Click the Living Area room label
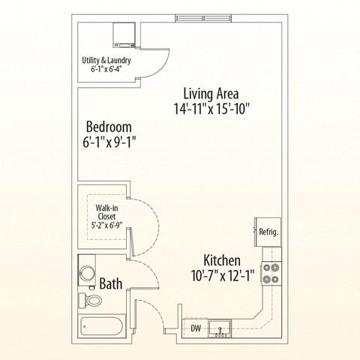click(211, 94)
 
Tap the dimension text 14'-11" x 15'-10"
click(211, 109)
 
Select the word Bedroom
click(108, 126)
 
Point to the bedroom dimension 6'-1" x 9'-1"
click(109, 141)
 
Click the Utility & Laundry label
click(106, 61)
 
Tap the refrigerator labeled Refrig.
click(268, 232)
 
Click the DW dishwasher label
click(195, 328)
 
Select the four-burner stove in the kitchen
click(270, 273)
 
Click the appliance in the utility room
click(123, 34)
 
